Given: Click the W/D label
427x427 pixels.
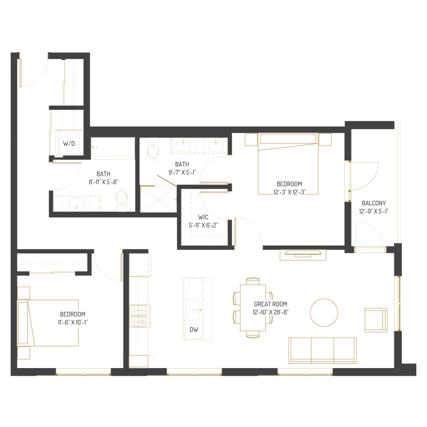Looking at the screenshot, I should tap(69, 144).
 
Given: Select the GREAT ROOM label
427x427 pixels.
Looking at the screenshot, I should tap(271, 304).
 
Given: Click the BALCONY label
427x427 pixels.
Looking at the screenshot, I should tap(374, 203).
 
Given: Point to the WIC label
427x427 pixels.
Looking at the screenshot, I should tap(203, 217).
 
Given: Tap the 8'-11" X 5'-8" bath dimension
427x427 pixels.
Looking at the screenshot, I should tap(103, 181).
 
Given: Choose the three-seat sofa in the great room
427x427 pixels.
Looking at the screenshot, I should tap(323, 350).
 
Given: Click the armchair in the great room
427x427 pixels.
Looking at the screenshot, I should tap(376, 320).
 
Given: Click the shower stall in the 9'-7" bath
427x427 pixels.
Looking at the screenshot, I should tap(158, 199).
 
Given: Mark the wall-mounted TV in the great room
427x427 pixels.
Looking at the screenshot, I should tap(303, 254).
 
